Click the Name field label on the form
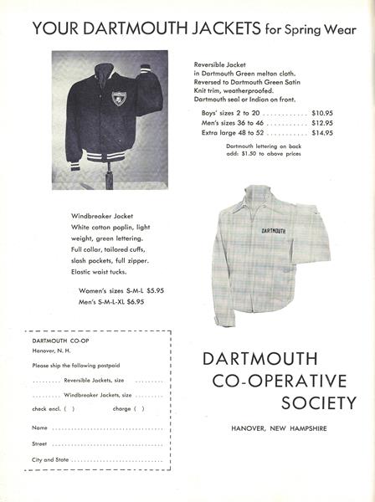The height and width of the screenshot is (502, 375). pyautogui.click(x=40, y=428)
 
